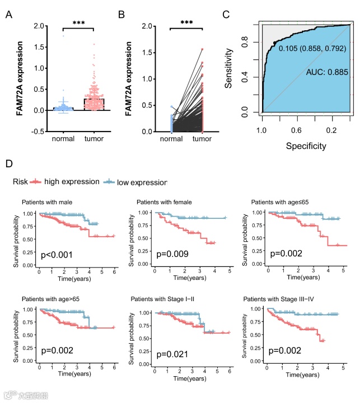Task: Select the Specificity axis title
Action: click(x=307, y=146)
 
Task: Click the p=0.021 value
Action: click(x=172, y=354)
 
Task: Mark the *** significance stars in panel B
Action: click(x=188, y=24)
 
